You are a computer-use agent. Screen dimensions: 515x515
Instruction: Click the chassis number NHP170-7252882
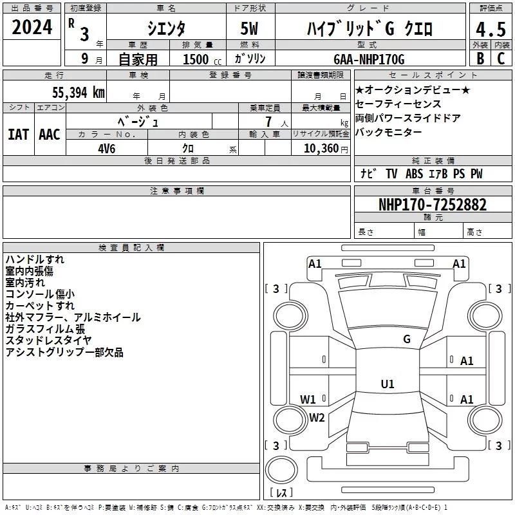pos(433,205)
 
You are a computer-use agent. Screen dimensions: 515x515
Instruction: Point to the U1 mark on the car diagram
pos(387,384)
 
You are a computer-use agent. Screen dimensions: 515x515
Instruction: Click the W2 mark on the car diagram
pos(317,417)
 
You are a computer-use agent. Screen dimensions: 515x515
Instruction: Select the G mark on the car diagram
pos(406,339)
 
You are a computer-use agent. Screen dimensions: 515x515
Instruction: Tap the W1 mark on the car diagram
pos(308,399)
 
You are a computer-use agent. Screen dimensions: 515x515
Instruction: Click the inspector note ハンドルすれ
pos(35,259)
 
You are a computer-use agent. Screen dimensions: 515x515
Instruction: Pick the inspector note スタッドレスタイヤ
pos(48,341)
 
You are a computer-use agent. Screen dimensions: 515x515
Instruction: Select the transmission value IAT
pos(18,135)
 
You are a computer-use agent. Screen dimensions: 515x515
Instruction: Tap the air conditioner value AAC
pos(50,135)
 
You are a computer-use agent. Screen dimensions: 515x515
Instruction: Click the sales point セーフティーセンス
pos(398,104)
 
